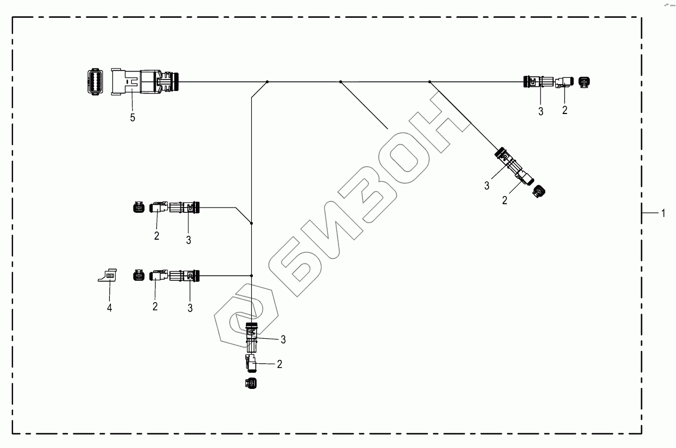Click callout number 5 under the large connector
point(132,118)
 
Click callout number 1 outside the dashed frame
point(663,213)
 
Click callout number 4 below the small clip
point(109,308)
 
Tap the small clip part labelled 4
point(107,274)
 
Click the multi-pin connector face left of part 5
point(94,82)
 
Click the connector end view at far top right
point(585,82)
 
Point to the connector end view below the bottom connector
point(250,383)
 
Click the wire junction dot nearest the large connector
point(267,82)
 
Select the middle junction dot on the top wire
point(340,82)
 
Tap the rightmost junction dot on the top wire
point(430,82)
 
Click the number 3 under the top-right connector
point(541,111)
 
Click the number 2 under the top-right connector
point(564,110)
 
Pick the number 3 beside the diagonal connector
point(487,185)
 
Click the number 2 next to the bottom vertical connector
point(279,364)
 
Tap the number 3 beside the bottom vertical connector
point(283,340)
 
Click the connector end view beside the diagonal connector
point(539,192)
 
